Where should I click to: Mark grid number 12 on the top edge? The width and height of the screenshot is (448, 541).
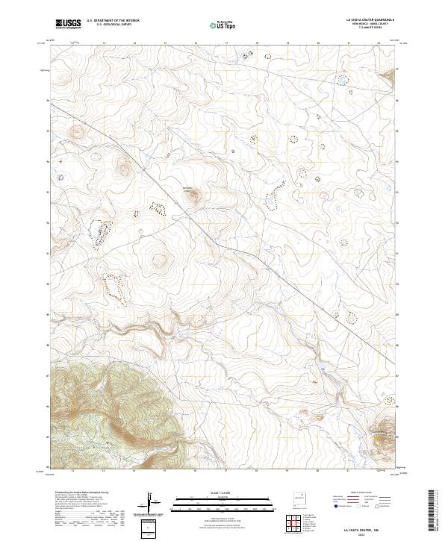[72, 43]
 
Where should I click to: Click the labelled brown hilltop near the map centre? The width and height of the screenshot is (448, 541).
[193, 196]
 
